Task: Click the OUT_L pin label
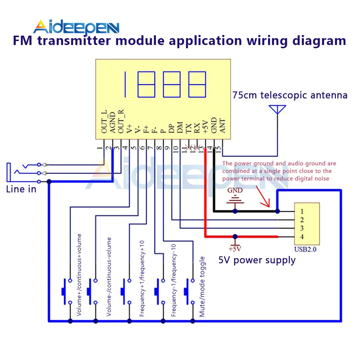[x=104, y=121]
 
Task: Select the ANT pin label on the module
[x=222, y=126]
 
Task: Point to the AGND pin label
[x=112, y=122]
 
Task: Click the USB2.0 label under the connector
[x=305, y=249]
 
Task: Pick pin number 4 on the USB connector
[x=302, y=237]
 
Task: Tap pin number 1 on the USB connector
[x=302, y=211]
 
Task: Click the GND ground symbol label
[x=235, y=190]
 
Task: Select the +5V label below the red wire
[x=235, y=249]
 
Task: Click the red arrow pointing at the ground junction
[x=263, y=197]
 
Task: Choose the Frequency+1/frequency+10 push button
[x=126, y=291]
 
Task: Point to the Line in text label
[x=21, y=189]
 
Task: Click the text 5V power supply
[x=257, y=260]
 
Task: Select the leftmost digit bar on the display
[x=125, y=84]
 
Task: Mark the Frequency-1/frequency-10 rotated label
[x=174, y=280]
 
